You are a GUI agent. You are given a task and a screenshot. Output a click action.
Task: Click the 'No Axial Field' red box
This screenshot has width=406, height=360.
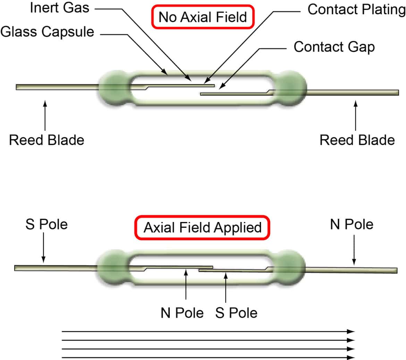point(203,17)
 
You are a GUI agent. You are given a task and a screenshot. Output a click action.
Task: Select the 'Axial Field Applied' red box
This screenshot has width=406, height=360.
point(202,228)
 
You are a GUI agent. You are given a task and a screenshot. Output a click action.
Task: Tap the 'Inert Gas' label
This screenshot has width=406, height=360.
point(59,8)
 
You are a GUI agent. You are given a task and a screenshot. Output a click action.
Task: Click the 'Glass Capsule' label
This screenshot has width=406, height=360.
point(47,32)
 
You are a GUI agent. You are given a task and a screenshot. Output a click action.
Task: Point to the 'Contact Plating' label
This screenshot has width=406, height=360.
point(356,9)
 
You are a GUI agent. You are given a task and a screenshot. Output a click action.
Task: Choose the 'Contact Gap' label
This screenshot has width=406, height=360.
point(334,47)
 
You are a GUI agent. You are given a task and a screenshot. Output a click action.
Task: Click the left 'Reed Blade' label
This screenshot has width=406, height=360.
point(46,140)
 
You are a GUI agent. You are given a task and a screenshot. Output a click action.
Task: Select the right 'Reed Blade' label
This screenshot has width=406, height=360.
point(357,140)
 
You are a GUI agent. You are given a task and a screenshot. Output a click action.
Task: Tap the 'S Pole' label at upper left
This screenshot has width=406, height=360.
point(46,224)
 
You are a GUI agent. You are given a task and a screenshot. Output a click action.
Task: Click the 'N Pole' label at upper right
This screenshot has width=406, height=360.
point(352,224)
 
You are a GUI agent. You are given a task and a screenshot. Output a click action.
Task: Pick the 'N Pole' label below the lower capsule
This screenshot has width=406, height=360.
point(182,313)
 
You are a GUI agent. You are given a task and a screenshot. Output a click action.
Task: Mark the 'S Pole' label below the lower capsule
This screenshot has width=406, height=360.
point(236,313)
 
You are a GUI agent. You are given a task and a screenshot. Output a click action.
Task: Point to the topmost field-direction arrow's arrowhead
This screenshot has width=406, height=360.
point(351,332)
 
